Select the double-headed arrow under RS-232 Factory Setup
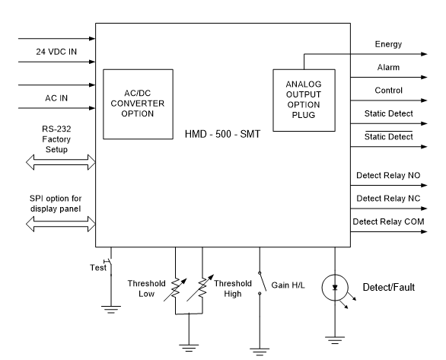pos(59,161)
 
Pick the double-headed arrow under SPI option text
pos(59,223)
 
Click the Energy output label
pos(387,45)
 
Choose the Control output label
pos(388,91)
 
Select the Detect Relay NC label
pos(388,199)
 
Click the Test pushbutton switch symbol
pos(110,268)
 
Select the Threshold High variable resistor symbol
pos(202,288)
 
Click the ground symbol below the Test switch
pos(111,308)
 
